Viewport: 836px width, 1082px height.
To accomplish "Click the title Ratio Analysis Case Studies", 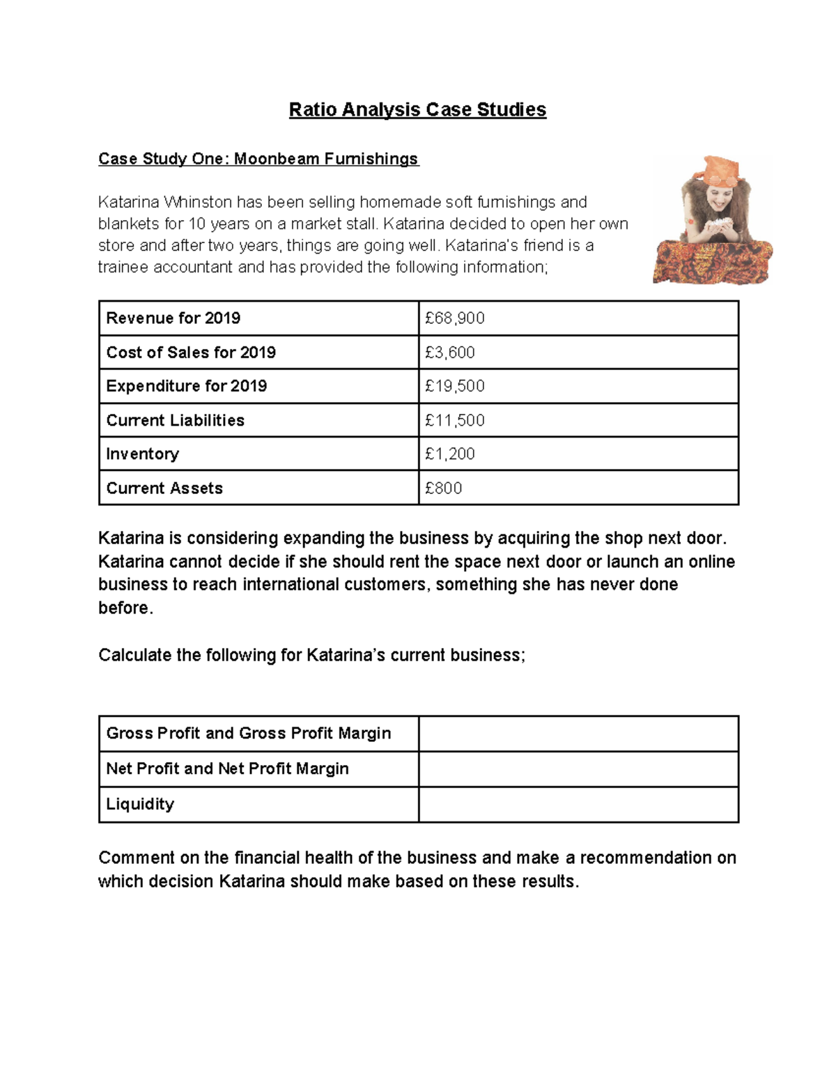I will (x=417, y=109).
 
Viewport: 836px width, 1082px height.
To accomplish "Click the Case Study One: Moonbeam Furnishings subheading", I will (x=258, y=159).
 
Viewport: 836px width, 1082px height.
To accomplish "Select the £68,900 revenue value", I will (x=455, y=318).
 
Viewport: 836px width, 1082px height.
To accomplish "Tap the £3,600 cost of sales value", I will (x=450, y=353).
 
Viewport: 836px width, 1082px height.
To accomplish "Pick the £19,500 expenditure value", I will (x=455, y=386).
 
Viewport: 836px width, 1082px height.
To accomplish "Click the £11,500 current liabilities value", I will (x=455, y=420).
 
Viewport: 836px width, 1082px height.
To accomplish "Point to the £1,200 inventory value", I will (x=450, y=454).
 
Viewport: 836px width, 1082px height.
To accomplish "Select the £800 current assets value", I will (x=444, y=488).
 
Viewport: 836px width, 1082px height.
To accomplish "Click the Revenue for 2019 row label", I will (x=173, y=318).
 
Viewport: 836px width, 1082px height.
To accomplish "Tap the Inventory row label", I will (x=143, y=454).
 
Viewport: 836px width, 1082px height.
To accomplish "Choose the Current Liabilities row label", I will (x=176, y=420).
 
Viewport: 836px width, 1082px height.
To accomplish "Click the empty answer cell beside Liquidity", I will (x=578, y=805).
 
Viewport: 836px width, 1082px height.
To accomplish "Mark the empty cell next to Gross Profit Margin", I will (x=578, y=734).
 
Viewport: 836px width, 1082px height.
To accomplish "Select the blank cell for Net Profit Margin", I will (x=578, y=769).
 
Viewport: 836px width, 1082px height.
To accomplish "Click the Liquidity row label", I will (x=140, y=805).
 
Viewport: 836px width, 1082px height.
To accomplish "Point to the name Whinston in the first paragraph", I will (x=197, y=202).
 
